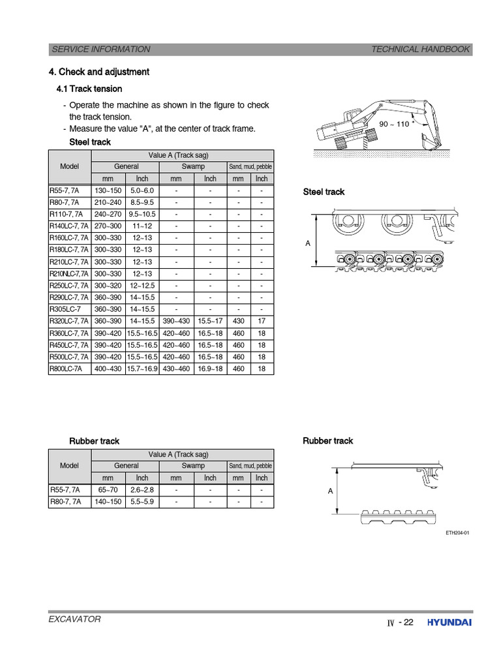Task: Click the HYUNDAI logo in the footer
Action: tap(449, 622)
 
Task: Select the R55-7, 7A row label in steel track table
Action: tap(65, 190)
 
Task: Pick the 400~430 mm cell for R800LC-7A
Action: tap(108, 369)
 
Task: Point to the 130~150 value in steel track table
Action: tap(108, 190)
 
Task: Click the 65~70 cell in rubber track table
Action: tap(108, 489)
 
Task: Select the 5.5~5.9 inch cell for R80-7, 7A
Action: tap(142, 502)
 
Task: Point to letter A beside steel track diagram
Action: tap(308, 243)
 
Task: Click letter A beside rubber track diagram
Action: tap(330, 491)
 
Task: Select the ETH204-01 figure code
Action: tap(457, 533)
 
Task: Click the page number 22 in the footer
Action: tap(408, 622)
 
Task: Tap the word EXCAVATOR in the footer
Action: tap(75, 619)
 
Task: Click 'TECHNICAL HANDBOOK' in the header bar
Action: tap(420, 49)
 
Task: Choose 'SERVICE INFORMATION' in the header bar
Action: tap(100, 49)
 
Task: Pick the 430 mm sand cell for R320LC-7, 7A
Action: tap(239, 321)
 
